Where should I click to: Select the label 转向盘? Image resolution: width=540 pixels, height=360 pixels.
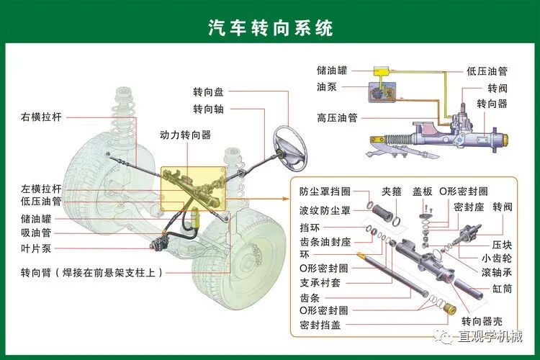[x=208, y=92]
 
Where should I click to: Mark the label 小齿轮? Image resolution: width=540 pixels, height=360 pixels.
[x=497, y=258]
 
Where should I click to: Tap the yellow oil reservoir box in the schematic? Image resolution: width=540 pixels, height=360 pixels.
[x=381, y=71]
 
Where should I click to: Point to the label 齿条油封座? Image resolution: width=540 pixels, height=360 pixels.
[x=325, y=241]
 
